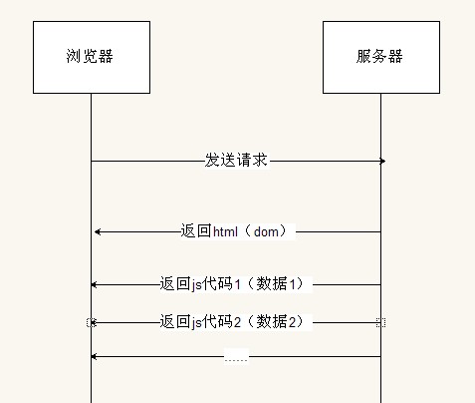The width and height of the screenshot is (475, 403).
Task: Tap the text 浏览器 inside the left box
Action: coord(90,56)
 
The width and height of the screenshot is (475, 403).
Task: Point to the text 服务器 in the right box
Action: coord(379,56)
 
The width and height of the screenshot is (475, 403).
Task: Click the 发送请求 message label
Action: coord(236,161)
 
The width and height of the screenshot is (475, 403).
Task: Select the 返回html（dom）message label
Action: coord(234,231)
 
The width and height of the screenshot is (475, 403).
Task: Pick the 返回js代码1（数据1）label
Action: coord(232,284)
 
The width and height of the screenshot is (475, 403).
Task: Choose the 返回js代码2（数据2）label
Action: coord(232,322)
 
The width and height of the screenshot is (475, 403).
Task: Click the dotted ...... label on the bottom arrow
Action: coord(236,359)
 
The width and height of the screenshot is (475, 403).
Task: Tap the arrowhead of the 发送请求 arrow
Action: coord(382,162)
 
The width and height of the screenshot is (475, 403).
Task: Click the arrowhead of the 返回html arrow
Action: coord(98,232)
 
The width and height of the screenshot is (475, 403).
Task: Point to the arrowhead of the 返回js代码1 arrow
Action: coord(94,285)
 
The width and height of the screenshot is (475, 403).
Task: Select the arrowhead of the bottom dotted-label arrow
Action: coord(94,357)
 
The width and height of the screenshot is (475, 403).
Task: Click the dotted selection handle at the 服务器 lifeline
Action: coord(380,322)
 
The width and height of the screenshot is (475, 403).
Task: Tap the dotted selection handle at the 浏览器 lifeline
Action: coord(92,322)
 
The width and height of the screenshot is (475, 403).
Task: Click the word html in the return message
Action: coord(225,231)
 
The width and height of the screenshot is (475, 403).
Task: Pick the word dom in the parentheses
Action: coord(266,231)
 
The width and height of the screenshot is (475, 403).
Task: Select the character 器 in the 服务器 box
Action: coord(395,56)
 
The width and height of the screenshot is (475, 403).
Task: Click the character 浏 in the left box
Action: coord(74,56)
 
